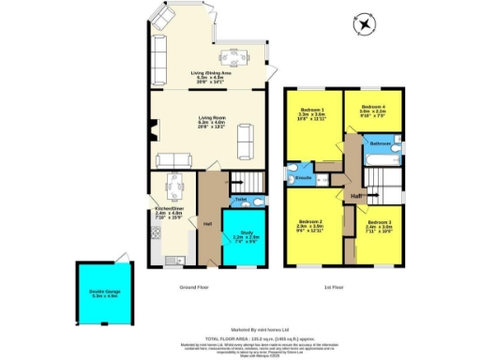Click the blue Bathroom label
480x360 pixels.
pos(381,142)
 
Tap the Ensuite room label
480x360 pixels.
pos(303,177)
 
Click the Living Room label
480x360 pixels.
pos(210,119)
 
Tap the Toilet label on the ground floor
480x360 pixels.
pos(241,199)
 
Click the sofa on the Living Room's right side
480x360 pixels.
pos(246,142)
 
